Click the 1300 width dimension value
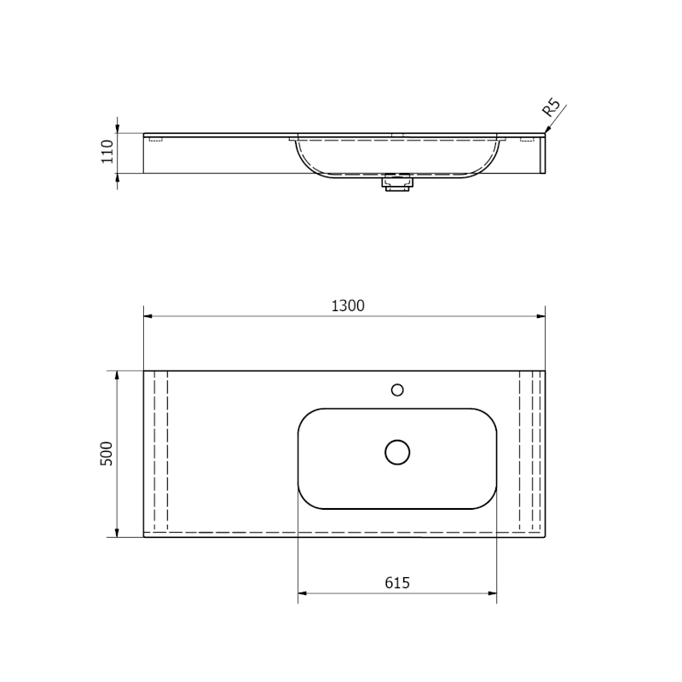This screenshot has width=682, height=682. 348,306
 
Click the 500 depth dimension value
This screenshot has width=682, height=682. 107,453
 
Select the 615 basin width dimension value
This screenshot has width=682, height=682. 397,583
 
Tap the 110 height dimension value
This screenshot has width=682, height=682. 107,152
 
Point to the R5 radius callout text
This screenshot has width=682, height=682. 551,108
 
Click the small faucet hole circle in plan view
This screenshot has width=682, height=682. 397,390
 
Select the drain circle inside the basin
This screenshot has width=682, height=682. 397,452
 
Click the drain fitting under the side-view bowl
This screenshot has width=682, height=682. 397,182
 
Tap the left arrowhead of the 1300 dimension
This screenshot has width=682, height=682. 147,316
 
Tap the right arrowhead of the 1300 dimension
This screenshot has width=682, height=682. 542,316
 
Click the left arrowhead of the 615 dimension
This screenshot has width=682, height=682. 301,593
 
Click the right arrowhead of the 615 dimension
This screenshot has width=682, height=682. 494,593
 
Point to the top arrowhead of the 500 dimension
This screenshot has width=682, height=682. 118,374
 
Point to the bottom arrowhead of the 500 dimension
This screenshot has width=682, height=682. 118,534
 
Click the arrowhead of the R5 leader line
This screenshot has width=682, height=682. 546,130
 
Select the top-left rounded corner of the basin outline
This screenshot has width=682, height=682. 303,414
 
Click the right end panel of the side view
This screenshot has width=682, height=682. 543,153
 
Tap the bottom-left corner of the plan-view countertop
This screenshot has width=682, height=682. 144,537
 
